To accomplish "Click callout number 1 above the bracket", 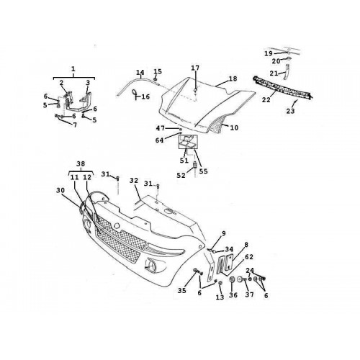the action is point(73,69).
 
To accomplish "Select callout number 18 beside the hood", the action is point(233,78).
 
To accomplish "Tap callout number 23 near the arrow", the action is point(290,111).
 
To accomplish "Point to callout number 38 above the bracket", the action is point(81,164).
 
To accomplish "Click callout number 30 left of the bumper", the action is point(60,190).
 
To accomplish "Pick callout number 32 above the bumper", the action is point(134,181).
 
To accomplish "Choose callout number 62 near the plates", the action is point(249,257).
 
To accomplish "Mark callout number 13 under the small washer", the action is point(220,297).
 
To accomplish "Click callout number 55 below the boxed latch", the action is point(203,171).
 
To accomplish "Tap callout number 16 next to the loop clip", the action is point(145,96).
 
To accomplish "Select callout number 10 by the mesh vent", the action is point(234,127).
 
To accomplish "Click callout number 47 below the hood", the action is point(161,129).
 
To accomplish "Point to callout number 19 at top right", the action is point(269,53).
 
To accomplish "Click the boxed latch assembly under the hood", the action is point(188,142).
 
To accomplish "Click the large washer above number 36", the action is point(232,280).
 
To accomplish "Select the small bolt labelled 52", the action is point(195,166).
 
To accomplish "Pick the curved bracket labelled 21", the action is point(286,72).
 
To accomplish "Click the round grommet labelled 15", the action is point(156,78).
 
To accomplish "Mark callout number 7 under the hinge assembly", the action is point(75,125).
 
